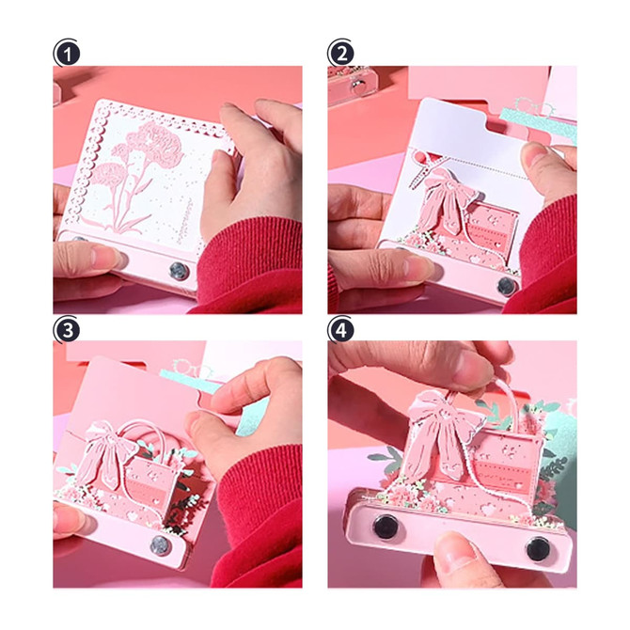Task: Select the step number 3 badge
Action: tap(67, 330)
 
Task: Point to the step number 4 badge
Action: tap(341, 330)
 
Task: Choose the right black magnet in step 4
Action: tap(539, 548)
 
